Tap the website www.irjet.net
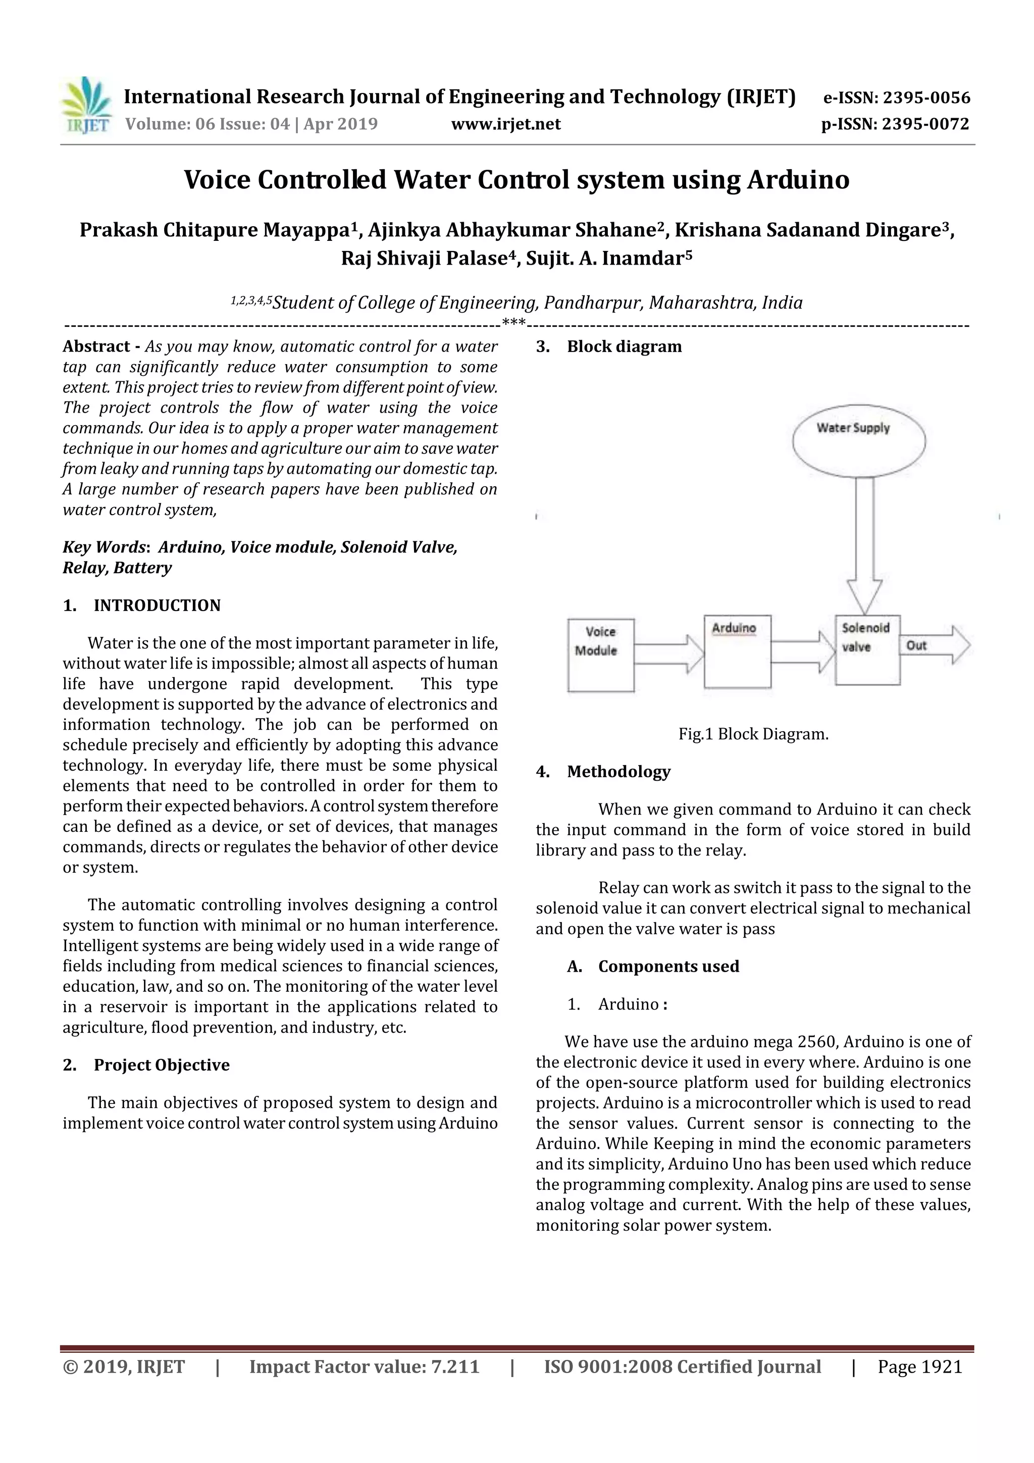click(x=506, y=124)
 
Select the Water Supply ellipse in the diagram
click(x=858, y=440)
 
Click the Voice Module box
click(x=600, y=655)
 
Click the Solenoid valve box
click(x=867, y=650)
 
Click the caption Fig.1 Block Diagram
click(x=753, y=734)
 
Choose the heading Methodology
click(x=618, y=772)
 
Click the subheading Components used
click(x=668, y=966)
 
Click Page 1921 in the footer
click(x=919, y=1367)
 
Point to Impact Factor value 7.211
click(x=364, y=1367)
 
